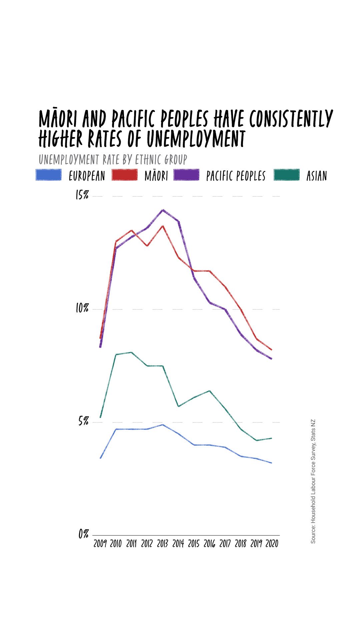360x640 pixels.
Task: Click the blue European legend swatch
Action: pos(49,175)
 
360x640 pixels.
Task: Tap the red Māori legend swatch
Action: pos(124,175)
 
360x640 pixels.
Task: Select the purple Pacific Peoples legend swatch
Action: pos(186,175)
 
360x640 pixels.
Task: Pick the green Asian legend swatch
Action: pos(287,175)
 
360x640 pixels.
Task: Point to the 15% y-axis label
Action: pos(82,195)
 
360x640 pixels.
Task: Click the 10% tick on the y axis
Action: pos(82,308)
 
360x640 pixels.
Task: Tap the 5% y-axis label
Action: pos(83,421)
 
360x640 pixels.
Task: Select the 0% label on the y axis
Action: pos(83,534)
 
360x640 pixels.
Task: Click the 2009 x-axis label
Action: pos(100,544)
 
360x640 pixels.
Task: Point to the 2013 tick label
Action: pos(162,544)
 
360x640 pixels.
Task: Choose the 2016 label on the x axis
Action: pos(209,544)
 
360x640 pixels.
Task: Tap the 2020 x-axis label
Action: pos(272,544)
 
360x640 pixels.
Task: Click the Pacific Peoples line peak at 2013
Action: pos(163,210)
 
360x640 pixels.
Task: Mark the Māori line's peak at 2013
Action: pos(163,226)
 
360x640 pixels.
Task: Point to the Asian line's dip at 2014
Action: pos(178,406)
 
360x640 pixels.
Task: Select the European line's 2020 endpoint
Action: pos(272,463)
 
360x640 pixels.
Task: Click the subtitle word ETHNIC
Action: pos(148,160)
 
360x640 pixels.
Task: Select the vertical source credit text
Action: pos(313,481)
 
